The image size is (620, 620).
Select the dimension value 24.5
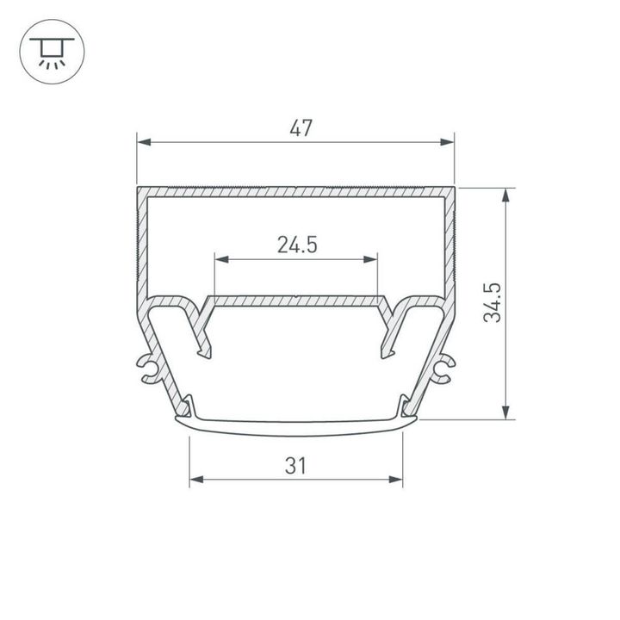(297, 245)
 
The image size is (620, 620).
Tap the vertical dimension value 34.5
(492, 302)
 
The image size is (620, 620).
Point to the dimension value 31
(295, 466)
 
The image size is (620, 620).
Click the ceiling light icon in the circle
(52, 52)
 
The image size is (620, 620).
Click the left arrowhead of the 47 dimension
(144, 142)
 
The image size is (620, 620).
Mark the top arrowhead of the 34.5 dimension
(505, 195)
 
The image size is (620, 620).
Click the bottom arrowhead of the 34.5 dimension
(505, 412)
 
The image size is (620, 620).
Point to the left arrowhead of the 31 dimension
(195, 480)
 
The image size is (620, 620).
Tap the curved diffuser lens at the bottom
(295, 423)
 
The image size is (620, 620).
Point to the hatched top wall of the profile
(295, 190)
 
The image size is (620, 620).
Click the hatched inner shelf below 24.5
(295, 301)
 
